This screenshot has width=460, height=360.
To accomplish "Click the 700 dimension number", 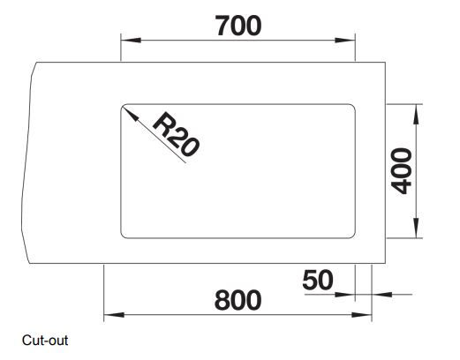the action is [x=238, y=26].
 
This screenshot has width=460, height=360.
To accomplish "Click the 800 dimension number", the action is [x=238, y=300].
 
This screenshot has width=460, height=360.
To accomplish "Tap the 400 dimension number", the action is [x=401, y=171].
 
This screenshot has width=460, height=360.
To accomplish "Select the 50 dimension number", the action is [x=318, y=280].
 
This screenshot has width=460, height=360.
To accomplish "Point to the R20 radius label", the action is [x=177, y=134].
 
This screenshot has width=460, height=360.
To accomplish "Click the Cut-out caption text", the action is [x=45, y=341].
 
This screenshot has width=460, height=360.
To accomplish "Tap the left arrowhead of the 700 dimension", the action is [x=131, y=40].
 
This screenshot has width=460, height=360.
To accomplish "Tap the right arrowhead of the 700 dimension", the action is [x=345, y=40].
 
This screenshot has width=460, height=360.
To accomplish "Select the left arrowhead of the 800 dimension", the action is [x=114, y=315].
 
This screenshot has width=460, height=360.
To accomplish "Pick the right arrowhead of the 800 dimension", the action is [x=362, y=315].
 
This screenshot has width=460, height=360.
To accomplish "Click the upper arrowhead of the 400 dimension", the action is [x=416, y=115].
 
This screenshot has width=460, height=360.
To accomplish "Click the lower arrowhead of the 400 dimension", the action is [x=416, y=228].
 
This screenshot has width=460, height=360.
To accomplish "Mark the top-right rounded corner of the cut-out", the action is [x=353, y=106].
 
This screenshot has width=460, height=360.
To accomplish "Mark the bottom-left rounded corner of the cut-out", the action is [x=123, y=236].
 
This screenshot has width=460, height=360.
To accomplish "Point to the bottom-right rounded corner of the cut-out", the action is [x=353, y=236].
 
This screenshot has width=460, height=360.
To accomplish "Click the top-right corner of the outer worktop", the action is [x=385, y=63].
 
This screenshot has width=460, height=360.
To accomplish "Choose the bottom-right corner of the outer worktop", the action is [x=385, y=263].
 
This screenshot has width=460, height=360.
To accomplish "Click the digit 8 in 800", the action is [x=222, y=300].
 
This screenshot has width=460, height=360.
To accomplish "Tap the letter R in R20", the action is [x=162, y=124].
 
